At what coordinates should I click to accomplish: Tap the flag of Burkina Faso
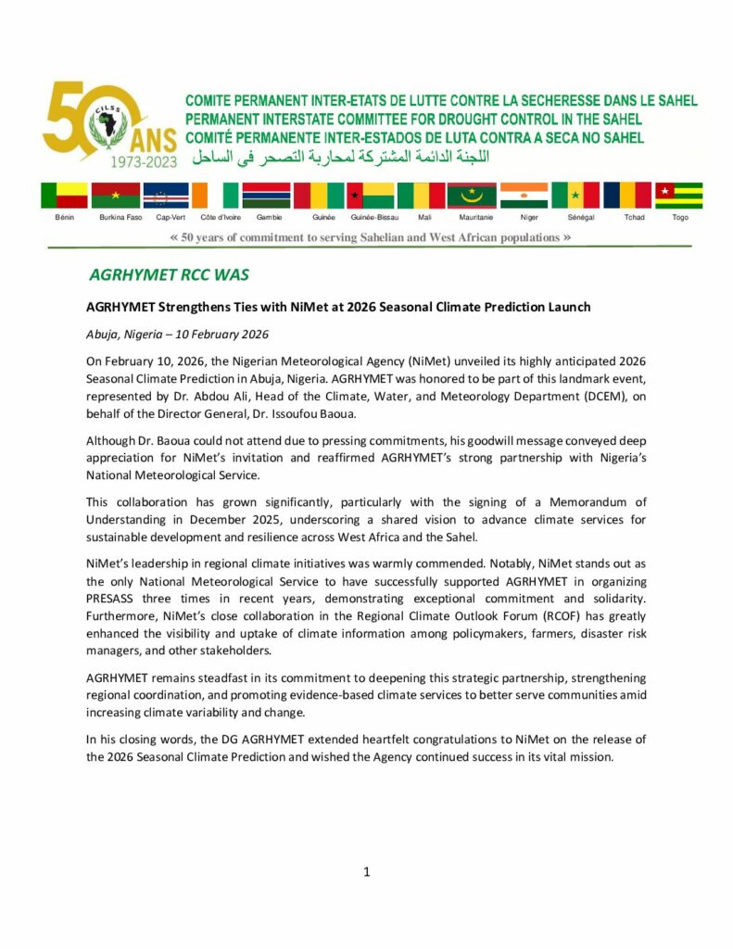[x=116, y=196]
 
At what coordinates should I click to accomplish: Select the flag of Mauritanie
[x=472, y=196]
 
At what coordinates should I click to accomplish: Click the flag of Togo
[x=679, y=196]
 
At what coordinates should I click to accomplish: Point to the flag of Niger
[x=524, y=196]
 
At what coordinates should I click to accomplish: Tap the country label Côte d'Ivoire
[x=221, y=217]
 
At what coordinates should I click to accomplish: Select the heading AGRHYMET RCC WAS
[x=169, y=275]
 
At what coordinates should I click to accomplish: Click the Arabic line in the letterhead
[x=340, y=155]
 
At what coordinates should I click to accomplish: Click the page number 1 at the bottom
[x=367, y=871]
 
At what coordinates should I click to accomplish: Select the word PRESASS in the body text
[x=113, y=600]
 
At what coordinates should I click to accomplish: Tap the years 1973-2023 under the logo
[x=144, y=160]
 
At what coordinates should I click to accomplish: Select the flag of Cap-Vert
[x=167, y=196]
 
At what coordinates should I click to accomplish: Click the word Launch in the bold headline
[x=565, y=307]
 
